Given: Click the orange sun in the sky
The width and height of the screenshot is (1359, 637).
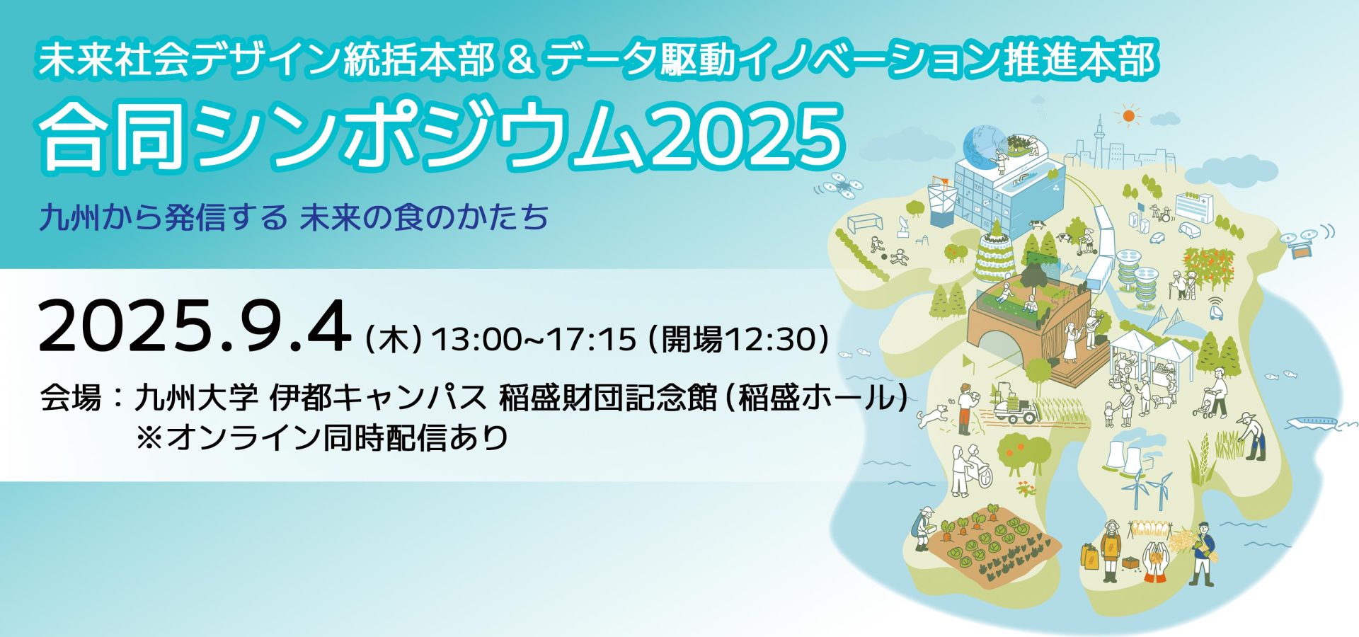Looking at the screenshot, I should [x=1128, y=115].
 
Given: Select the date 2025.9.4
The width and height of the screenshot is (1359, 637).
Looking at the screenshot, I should [x=195, y=327].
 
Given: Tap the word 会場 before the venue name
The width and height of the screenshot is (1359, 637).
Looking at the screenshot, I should [x=71, y=398].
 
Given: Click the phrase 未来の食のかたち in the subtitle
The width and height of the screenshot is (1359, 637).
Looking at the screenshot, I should [x=424, y=217].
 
